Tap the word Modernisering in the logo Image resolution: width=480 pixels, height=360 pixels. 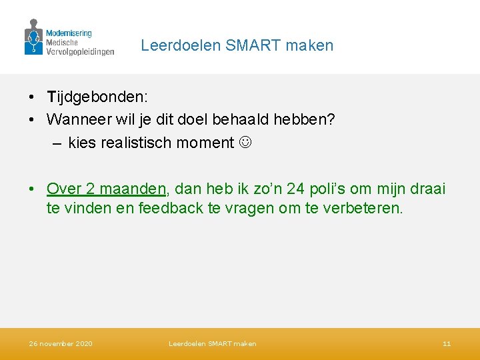69,33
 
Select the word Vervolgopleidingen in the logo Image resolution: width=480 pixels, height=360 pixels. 79,51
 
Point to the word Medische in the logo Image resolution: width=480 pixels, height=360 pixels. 62,42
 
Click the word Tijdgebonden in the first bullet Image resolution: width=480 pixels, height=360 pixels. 96,97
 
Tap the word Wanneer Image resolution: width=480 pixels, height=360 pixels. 75,120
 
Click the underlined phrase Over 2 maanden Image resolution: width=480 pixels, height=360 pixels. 106,189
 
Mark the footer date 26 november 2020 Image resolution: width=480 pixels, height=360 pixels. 61,344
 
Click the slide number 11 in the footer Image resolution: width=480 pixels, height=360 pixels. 447,344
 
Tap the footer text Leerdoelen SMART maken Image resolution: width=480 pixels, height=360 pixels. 212,344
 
